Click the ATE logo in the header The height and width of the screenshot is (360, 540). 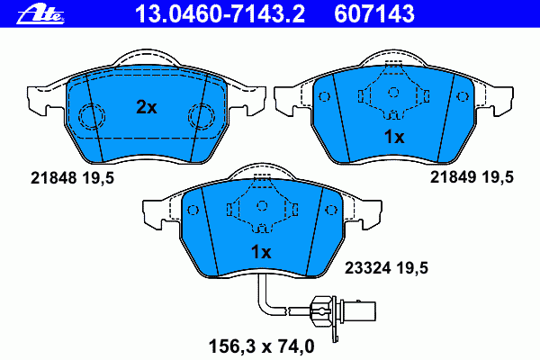tap(40, 15)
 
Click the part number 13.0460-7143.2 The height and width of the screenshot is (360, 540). tap(220, 13)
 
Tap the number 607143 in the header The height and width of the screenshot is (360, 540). tap(374, 13)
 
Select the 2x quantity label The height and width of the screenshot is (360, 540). tap(147, 107)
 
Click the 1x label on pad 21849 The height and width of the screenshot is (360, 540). tap(394, 137)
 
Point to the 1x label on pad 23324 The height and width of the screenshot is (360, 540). tap(261, 252)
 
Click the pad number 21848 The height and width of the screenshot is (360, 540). tap(53, 178)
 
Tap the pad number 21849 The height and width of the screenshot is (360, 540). tap(453, 177)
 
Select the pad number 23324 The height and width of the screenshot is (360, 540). tap(368, 267)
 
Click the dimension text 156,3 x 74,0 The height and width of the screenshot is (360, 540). tap(261, 346)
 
